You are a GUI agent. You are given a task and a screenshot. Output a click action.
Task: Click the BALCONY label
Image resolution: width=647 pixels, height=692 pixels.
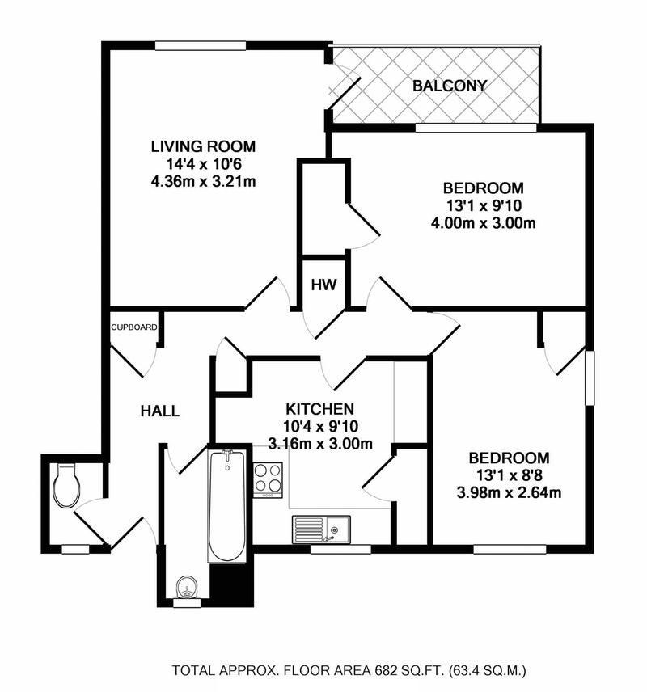(x=449, y=86)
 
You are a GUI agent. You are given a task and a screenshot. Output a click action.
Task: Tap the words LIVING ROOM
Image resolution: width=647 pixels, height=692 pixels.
(x=203, y=147)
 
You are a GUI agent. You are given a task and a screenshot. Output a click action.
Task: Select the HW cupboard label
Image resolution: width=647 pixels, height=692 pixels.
(x=323, y=285)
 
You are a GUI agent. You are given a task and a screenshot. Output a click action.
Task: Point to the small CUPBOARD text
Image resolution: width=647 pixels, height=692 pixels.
(x=134, y=327)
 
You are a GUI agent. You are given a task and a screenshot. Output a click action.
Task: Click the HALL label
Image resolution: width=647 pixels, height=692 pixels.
(x=159, y=411)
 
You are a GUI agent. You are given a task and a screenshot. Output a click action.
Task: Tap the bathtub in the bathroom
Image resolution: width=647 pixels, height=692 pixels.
(x=227, y=506)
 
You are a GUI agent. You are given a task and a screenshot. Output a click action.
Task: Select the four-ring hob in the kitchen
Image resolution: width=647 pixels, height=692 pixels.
(x=269, y=479)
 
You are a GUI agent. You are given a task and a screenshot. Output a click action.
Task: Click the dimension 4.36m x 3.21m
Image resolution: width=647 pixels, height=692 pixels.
(x=203, y=181)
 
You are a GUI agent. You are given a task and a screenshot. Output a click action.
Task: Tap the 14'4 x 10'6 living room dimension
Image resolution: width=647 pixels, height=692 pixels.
(x=203, y=164)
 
